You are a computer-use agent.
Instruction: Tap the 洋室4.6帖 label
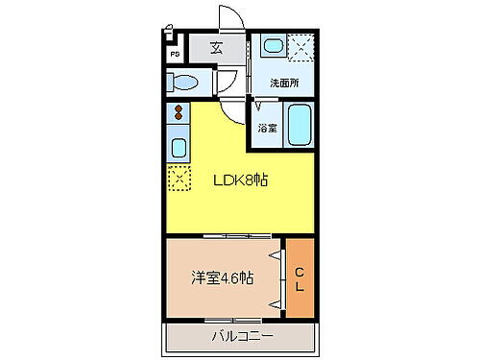[222, 278]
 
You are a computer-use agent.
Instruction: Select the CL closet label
[299, 278]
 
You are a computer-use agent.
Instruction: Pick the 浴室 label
[267, 128]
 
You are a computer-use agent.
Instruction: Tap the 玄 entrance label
[217, 48]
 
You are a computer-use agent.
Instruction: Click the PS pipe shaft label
[174, 55]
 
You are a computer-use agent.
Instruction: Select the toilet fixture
[186, 83]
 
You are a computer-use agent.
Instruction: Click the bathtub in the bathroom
[298, 124]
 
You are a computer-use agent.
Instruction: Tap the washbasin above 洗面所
[272, 45]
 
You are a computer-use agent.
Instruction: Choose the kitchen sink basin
[178, 147]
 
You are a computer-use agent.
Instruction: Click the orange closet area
[299, 278]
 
